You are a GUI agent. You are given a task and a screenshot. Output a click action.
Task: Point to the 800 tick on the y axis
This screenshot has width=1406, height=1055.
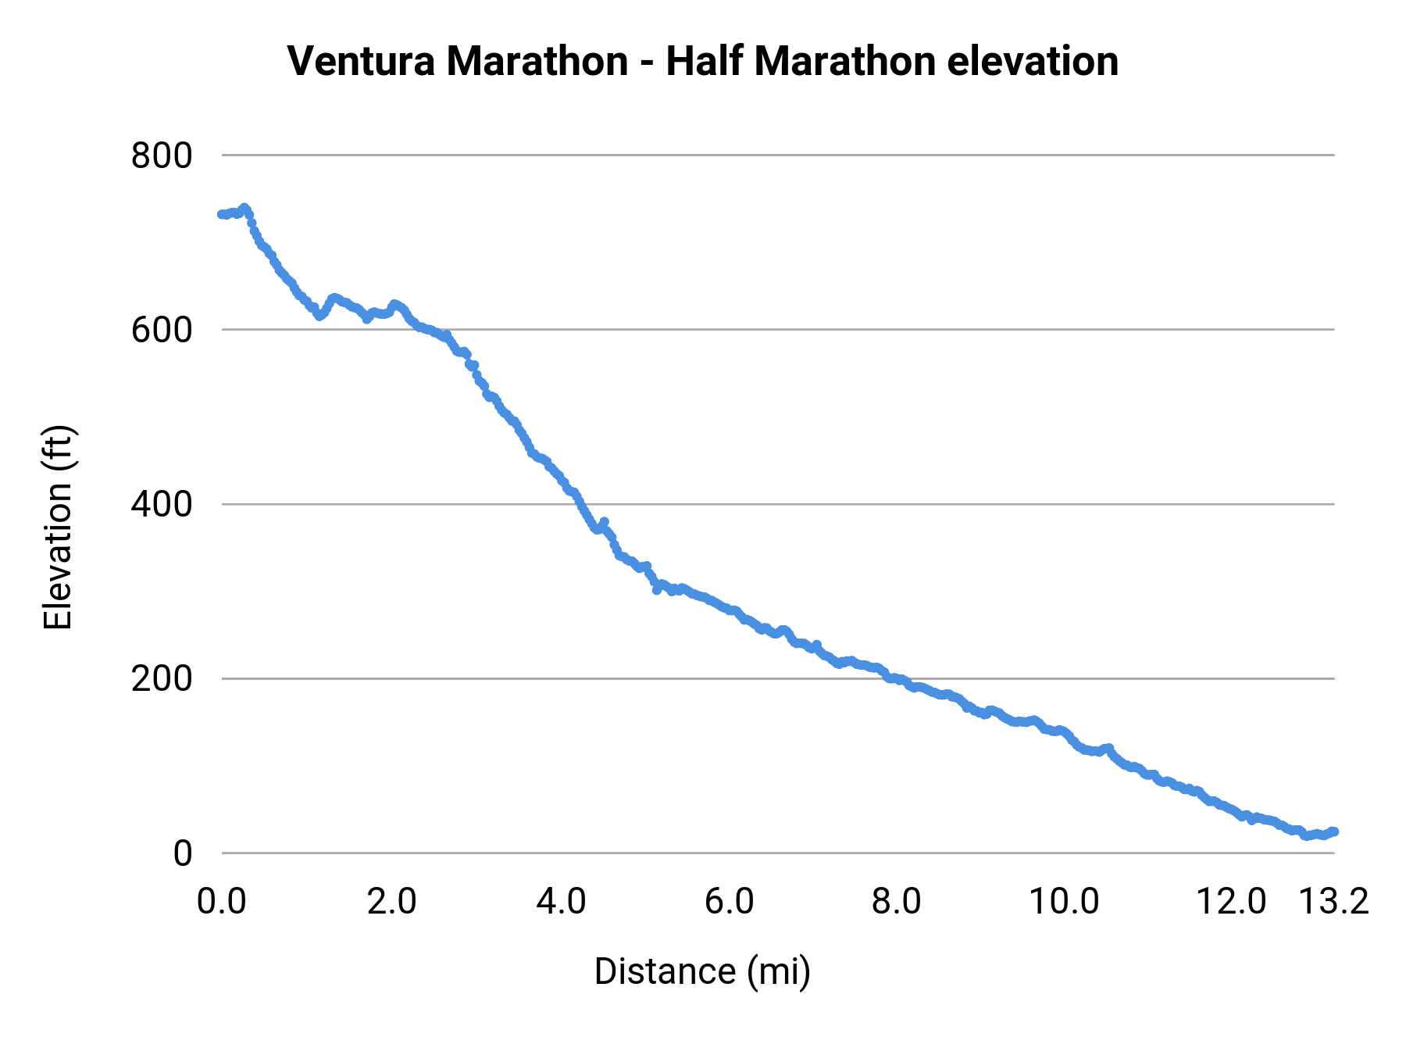(162, 156)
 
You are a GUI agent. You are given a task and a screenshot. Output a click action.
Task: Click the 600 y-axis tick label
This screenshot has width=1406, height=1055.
(162, 330)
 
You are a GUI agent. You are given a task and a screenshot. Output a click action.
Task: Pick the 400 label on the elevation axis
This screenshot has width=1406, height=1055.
(162, 504)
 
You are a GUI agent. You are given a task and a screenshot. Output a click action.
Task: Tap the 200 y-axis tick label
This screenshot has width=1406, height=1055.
(162, 678)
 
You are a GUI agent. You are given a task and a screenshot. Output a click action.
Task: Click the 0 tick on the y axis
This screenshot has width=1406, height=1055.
(182, 853)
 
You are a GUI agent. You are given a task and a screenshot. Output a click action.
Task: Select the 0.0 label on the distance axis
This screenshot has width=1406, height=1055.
(222, 901)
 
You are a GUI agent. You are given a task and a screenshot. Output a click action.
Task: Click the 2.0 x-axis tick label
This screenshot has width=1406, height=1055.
(391, 901)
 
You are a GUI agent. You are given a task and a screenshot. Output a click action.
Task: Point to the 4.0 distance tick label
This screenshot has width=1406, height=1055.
(561, 901)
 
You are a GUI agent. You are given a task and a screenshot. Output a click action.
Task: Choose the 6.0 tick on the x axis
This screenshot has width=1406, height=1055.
(729, 901)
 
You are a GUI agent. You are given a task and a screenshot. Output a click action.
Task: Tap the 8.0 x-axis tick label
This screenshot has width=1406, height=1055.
(897, 901)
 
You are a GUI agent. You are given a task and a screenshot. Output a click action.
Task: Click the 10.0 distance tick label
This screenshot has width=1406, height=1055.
(1064, 901)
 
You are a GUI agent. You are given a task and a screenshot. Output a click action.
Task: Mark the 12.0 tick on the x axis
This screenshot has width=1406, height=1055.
(1232, 901)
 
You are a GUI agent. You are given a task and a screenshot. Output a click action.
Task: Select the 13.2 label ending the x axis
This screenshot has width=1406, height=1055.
(1334, 901)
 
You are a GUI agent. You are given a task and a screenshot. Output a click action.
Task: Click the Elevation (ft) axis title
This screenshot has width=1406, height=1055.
(58, 527)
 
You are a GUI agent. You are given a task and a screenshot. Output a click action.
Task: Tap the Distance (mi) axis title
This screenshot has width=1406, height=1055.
(702, 971)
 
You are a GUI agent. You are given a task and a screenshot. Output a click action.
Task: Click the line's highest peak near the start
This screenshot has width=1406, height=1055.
(244, 208)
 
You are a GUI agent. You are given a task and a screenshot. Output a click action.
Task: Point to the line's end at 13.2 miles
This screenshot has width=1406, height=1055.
(1334, 831)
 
